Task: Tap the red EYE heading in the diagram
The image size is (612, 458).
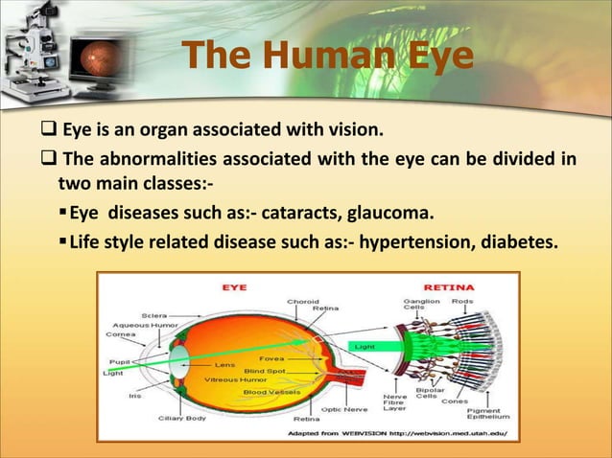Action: click(x=234, y=286)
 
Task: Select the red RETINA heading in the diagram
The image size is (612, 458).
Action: click(x=445, y=286)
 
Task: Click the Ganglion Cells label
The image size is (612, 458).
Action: click(x=424, y=305)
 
